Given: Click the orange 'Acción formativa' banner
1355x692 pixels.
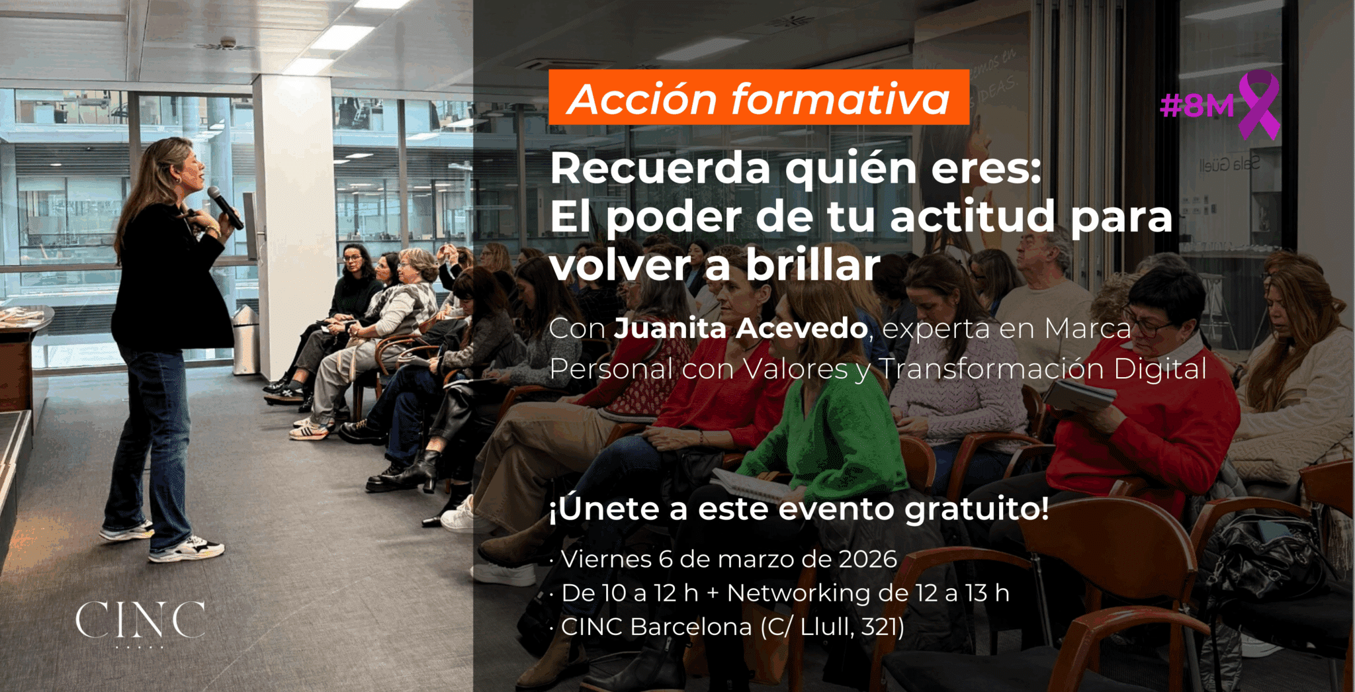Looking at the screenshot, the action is coord(758,97).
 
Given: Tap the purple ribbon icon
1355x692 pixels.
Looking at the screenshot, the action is coord(1259,104).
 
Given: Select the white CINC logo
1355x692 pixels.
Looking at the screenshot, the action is coord(140,621).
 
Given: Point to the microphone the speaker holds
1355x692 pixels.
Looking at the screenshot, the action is coord(225,207).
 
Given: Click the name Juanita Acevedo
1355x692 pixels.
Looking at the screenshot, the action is coord(741,329).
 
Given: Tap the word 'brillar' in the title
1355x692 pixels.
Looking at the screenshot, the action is coord(813,265).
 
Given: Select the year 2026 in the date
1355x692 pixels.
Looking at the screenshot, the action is coord(867,560).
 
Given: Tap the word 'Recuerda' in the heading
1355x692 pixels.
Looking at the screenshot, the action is coord(660,169).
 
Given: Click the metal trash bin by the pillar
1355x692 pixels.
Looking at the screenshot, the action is coord(245,339).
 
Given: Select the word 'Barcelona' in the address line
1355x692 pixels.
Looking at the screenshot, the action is coord(691,627).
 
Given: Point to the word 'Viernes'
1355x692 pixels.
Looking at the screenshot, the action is coord(607,560).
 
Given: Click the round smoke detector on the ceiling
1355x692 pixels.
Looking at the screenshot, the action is coord(228,43).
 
